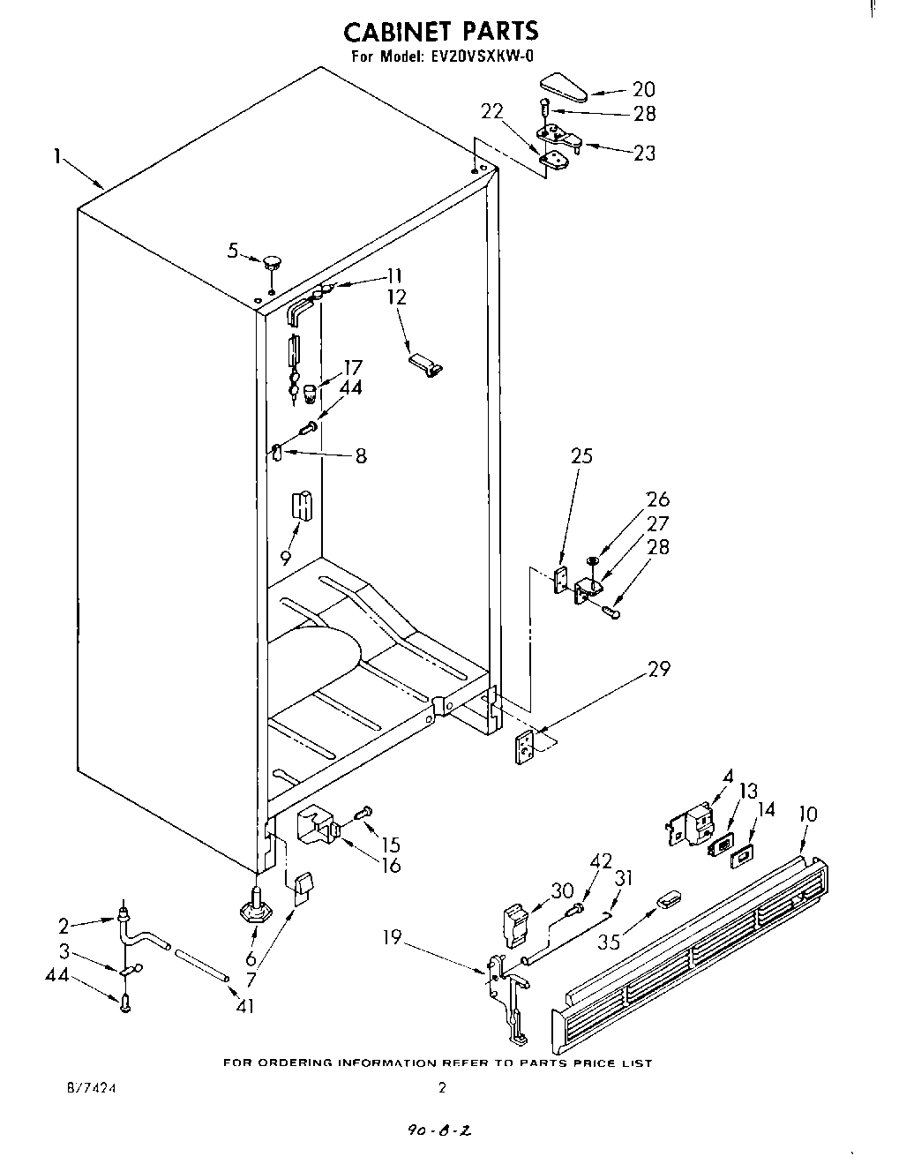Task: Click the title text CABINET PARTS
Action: coord(440,32)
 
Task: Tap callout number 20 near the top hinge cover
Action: coord(643,89)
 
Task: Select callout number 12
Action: coord(396,297)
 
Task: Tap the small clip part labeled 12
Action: coord(426,365)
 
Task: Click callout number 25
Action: coord(581,456)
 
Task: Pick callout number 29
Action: coord(658,668)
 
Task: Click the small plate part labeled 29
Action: coord(526,747)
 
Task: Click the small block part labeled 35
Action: coord(670,900)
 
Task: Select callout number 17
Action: coord(352,367)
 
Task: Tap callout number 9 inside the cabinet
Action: coord(286,557)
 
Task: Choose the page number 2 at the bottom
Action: coord(441,1088)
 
